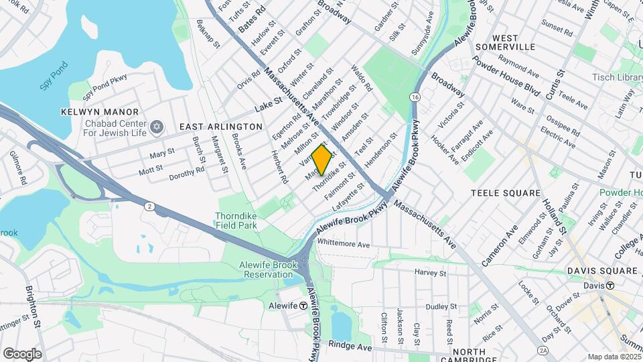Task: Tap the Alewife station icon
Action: point(303,305)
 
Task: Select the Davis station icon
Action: point(610,285)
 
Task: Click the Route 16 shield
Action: point(417,98)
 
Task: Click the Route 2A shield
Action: point(543,351)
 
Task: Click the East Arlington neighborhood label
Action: point(220,127)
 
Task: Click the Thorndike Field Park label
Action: point(236,221)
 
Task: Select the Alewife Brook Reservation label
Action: point(267,269)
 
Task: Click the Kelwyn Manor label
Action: point(99,112)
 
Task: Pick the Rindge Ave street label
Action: point(350,347)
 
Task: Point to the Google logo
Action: point(22,353)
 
